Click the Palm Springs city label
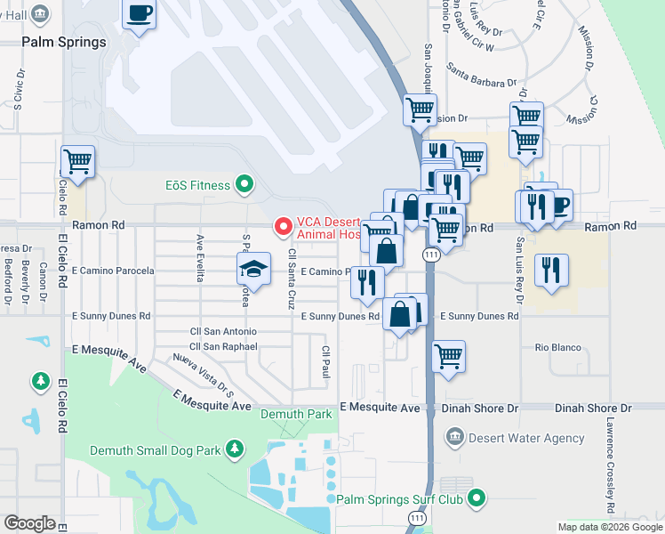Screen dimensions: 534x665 coord(65,42)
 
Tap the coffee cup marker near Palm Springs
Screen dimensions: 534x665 coord(140,13)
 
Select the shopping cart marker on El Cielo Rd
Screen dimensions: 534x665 coord(77,162)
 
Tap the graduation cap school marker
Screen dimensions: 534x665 coord(253,269)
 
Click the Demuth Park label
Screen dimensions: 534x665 coord(296,414)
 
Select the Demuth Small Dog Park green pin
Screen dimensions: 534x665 coord(235,449)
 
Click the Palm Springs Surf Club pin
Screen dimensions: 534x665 coord(477,498)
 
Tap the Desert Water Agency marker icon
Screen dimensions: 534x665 coord(454,437)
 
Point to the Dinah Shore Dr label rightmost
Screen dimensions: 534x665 coord(592,408)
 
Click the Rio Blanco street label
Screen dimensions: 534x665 coord(557,347)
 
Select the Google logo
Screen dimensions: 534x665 coord(30,523)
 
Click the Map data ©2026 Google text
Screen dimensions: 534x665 coord(610,527)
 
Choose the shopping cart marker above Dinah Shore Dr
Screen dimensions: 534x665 coord(449,356)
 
